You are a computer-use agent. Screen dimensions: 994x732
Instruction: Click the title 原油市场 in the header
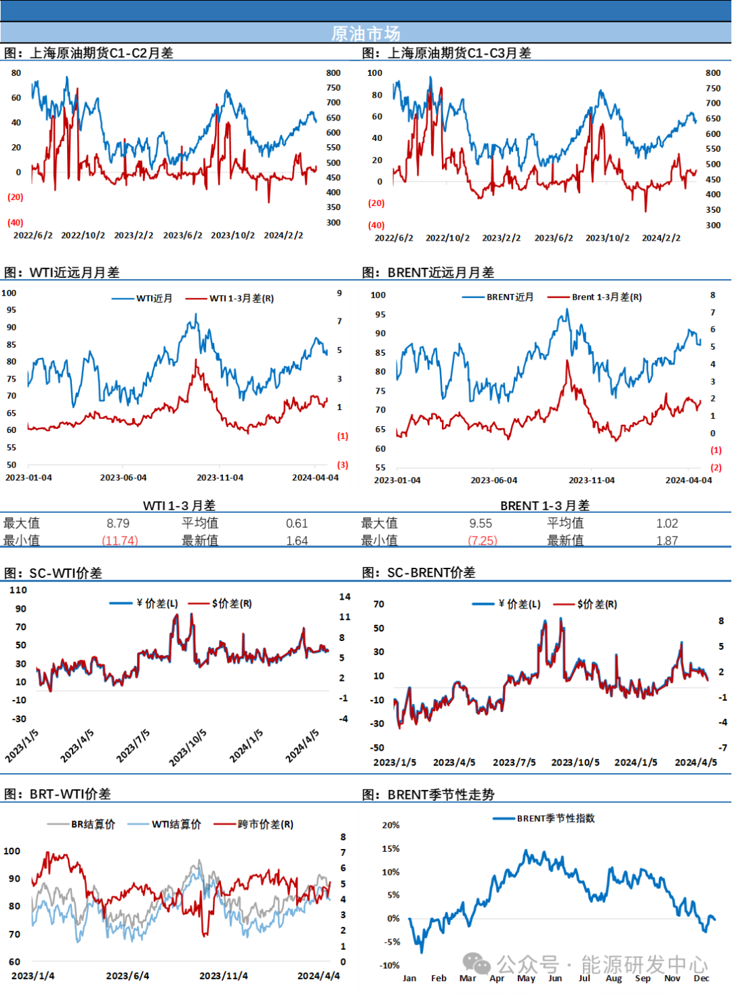[x=365, y=33]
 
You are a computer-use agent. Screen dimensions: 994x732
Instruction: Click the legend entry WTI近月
[x=154, y=298]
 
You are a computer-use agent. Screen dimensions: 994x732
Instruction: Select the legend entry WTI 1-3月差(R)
[x=241, y=298]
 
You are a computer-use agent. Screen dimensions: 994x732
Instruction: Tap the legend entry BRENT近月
[x=510, y=297]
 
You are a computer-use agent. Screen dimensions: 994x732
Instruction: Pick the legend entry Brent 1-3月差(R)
[x=607, y=297]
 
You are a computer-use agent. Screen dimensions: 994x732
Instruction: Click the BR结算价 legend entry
[x=93, y=824]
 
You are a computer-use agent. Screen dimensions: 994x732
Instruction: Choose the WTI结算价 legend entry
[x=176, y=824]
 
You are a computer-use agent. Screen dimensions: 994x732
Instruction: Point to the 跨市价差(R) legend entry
[x=265, y=824]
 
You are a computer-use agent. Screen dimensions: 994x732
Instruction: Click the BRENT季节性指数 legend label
[x=556, y=818]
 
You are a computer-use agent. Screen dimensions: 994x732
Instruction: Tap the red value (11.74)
[x=120, y=540]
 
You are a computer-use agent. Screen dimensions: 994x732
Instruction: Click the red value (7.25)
[x=483, y=540]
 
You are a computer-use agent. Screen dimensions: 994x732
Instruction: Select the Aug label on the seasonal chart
[x=613, y=978]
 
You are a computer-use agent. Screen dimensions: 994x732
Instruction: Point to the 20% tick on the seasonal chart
[x=390, y=825]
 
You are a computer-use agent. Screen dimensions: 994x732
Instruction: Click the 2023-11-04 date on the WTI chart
[x=220, y=478]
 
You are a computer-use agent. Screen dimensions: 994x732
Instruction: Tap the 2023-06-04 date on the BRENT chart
[x=493, y=480]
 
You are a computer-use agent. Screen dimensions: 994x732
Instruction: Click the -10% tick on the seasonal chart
[x=390, y=965]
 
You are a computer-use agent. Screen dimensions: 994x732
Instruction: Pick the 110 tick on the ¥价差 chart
[x=18, y=590]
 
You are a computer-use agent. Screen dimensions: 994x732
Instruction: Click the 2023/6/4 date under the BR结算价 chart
[x=127, y=976]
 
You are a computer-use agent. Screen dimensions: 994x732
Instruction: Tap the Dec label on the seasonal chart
[x=701, y=978]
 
